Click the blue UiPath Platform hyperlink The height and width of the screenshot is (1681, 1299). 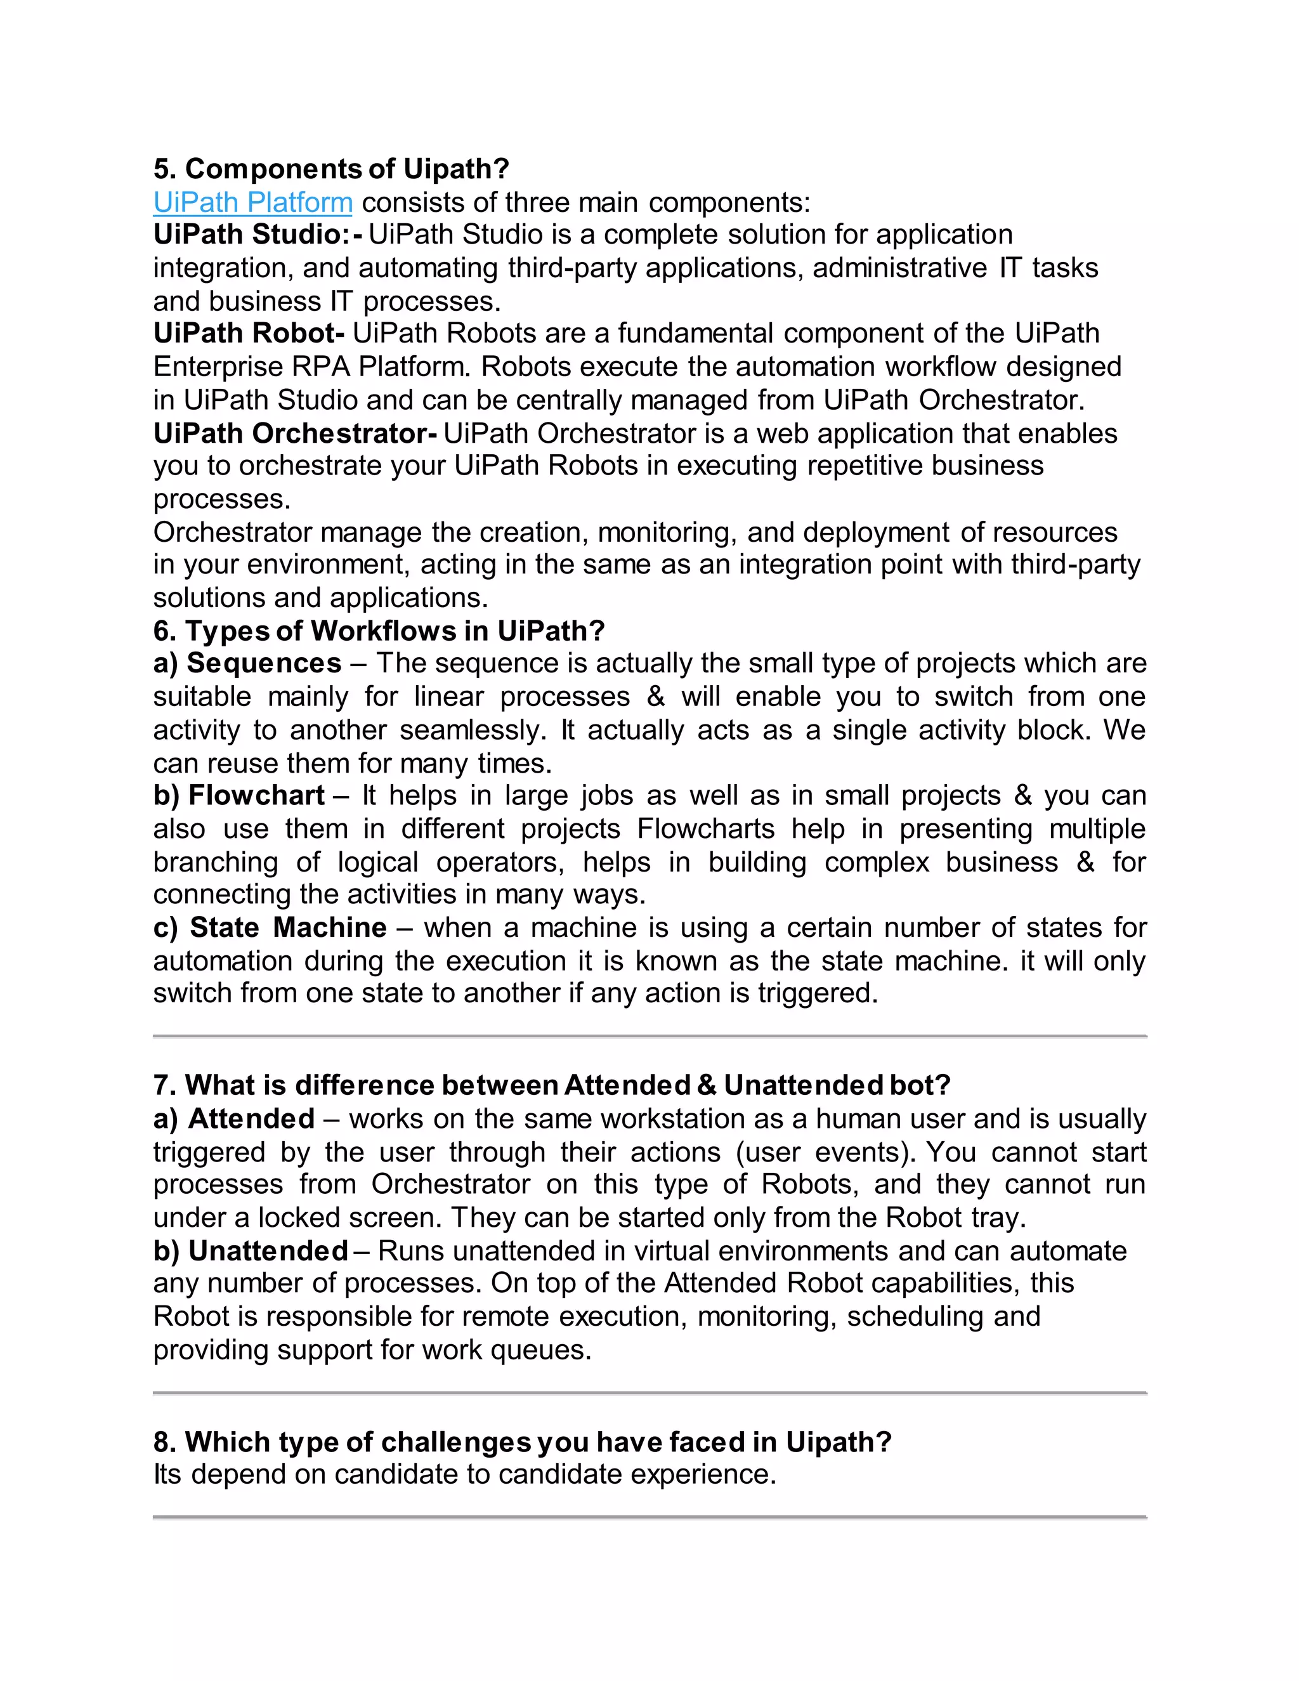(x=252, y=202)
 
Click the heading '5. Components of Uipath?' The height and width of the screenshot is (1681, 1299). (x=331, y=169)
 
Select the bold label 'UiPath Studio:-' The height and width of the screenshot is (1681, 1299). (x=257, y=235)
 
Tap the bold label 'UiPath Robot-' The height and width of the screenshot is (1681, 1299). (x=249, y=333)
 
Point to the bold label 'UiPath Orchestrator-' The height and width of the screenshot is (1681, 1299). (x=296, y=433)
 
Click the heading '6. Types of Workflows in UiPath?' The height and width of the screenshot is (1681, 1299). (x=379, y=631)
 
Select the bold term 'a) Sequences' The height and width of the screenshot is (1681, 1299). (x=247, y=664)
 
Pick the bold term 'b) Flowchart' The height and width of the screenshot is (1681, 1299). (x=238, y=795)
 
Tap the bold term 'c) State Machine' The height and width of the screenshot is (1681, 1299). (x=270, y=927)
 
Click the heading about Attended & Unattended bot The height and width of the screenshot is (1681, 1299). (x=552, y=1085)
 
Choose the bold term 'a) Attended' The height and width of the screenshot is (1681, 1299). (x=234, y=1118)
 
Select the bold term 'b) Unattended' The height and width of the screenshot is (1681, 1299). (x=250, y=1251)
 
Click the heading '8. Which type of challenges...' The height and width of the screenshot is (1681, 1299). (x=522, y=1442)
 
